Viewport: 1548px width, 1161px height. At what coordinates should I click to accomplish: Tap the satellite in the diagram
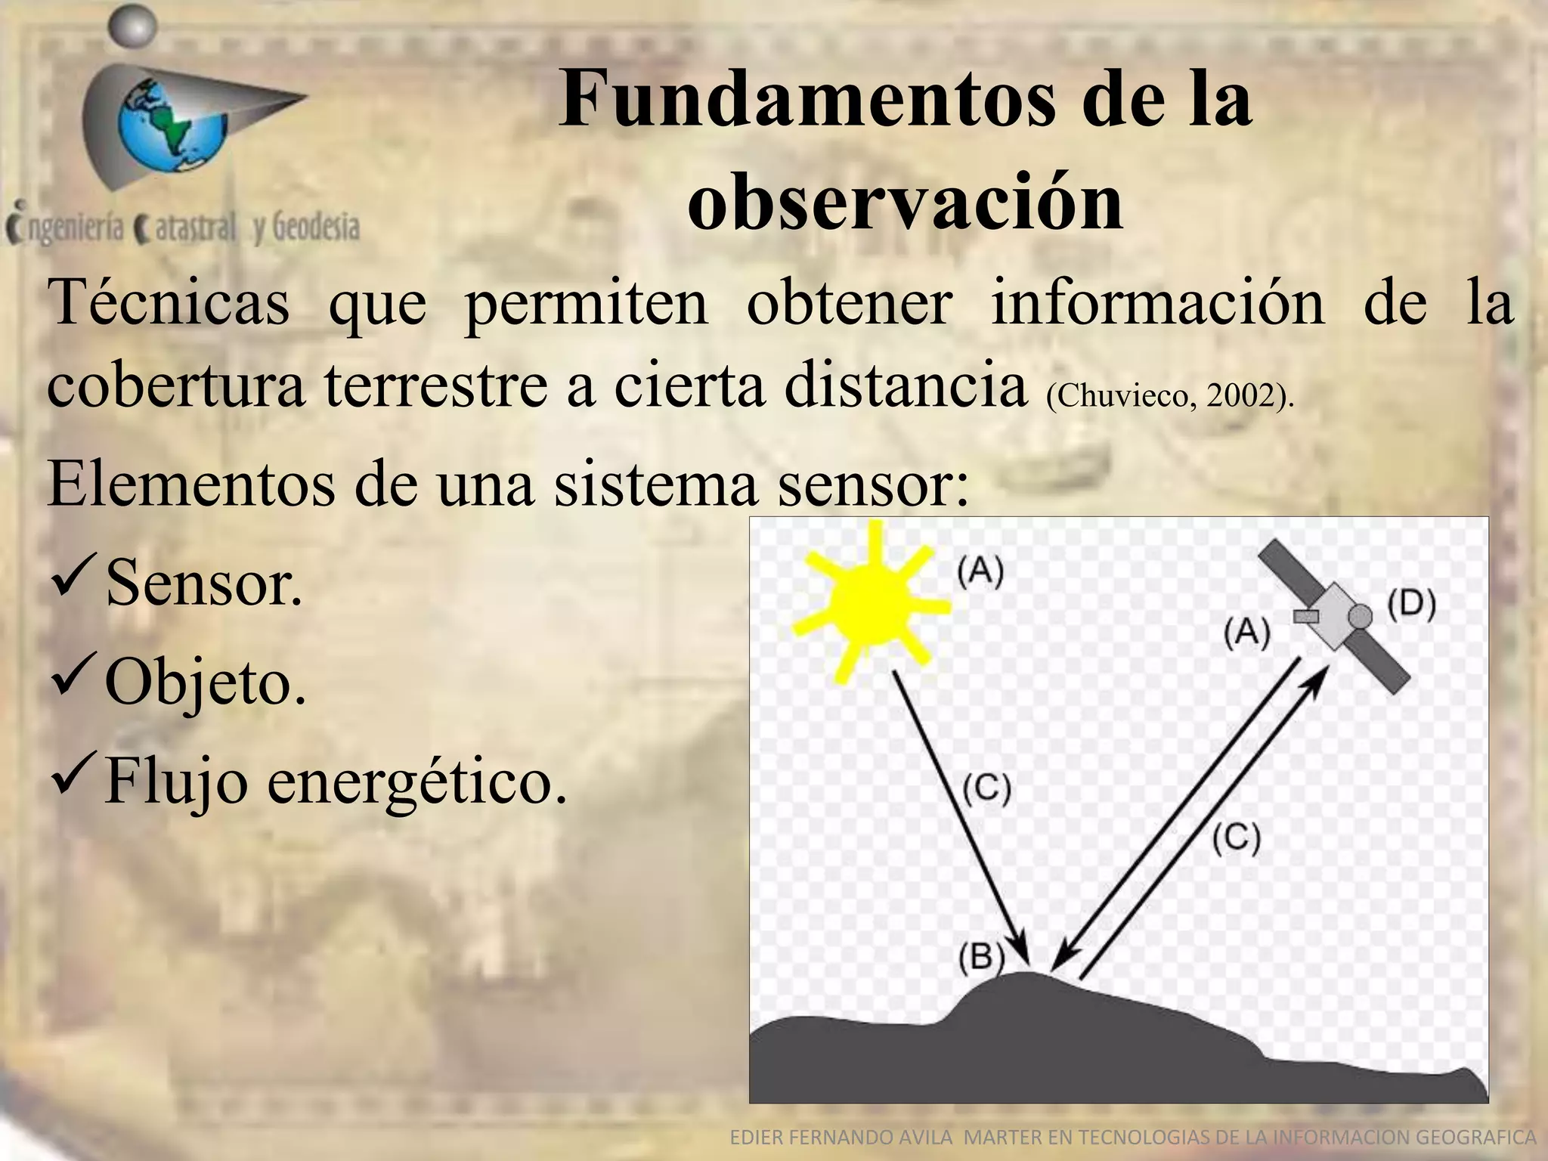pos(1335,616)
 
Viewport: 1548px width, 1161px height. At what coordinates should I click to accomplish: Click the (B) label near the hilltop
pos(980,958)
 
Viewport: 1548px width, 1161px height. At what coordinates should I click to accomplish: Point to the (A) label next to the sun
pos(980,572)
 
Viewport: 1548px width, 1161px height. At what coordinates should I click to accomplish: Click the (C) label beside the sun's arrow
pos(986,789)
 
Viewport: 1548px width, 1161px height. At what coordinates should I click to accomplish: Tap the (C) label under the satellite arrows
pos(1237,839)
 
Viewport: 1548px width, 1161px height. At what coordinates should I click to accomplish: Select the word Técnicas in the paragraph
pos(169,302)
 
